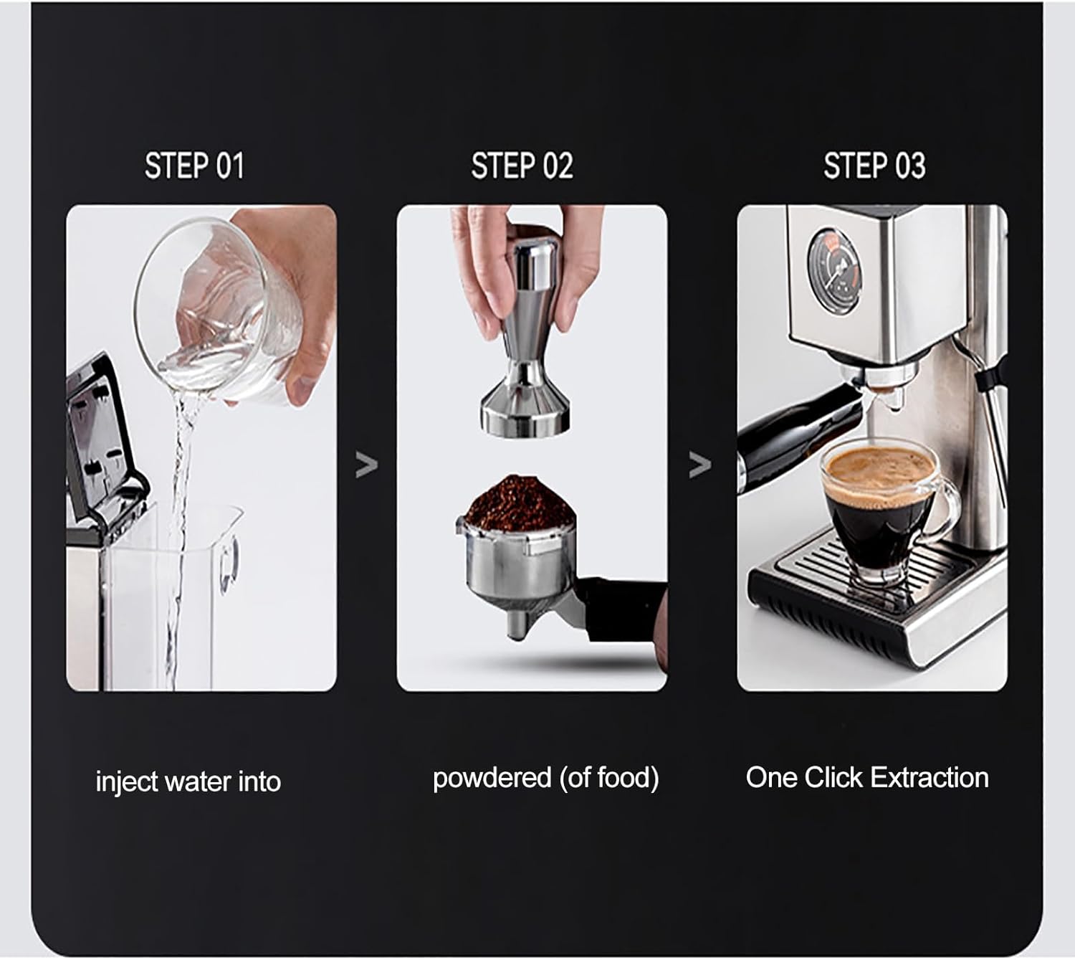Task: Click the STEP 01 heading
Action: [194, 166]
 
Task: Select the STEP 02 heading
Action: [522, 166]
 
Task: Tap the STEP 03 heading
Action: [874, 166]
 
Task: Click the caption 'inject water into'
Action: [188, 781]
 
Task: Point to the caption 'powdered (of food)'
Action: [545, 778]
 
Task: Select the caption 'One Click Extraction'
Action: [866, 778]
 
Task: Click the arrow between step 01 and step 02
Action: [366, 466]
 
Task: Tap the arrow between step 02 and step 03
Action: [699, 465]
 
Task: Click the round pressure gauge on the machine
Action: [833, 272]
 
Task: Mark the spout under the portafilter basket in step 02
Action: [518, 624]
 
